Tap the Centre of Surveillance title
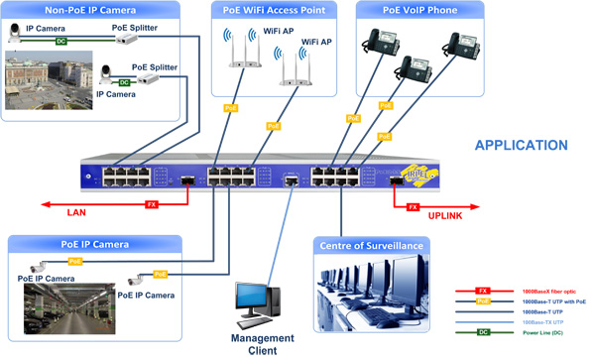point(371,245)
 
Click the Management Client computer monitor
point(251,300)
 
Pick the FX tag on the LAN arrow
point(152,204)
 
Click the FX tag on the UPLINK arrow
point(412,205)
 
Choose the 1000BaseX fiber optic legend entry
point(551,292)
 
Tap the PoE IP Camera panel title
point(94,242)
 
